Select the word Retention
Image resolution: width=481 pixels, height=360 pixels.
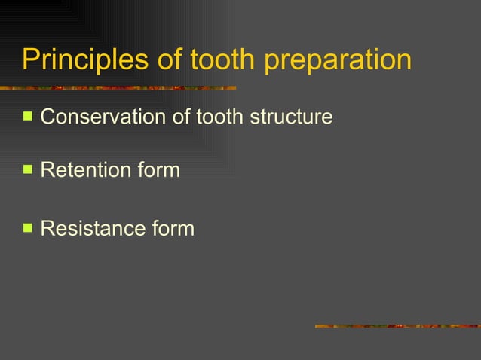81,170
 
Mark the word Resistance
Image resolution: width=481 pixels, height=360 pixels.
87,227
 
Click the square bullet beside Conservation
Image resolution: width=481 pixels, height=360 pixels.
27,117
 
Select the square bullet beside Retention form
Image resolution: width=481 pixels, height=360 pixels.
27,169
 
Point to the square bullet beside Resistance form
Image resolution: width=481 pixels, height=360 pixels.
27,227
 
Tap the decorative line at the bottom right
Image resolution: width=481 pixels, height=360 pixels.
397,326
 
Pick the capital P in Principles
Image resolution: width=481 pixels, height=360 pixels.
29,60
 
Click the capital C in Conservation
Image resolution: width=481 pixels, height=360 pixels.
47,117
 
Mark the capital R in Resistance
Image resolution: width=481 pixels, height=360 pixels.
46,227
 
